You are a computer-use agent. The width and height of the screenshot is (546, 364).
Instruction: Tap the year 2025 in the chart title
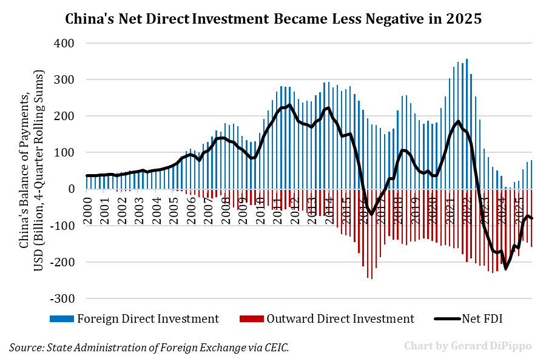(465, 19)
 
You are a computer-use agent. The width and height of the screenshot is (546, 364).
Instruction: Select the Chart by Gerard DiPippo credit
(468, 346)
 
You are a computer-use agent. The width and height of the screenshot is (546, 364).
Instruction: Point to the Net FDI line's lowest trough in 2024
(505, 269)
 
